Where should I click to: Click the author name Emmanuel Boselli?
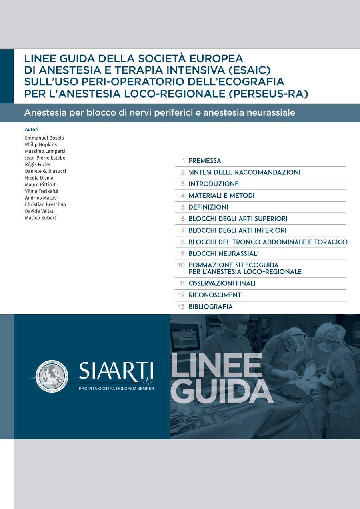[44, 138]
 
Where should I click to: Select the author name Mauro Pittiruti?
[41, 184]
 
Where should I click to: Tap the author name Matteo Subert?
[40, 218]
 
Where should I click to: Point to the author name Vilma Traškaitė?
[41, 191]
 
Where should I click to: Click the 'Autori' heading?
[32, 130]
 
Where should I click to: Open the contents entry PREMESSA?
[205, 161]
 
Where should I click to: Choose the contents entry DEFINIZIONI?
[208, 207]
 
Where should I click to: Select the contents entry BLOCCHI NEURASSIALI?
[224, 254]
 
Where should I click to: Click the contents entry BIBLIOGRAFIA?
[210, 307]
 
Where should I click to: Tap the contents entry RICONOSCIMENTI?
[216, 295]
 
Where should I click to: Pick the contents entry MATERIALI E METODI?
[222, 196]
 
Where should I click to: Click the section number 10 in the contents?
[181, 265]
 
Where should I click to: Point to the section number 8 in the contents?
[183, 242]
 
